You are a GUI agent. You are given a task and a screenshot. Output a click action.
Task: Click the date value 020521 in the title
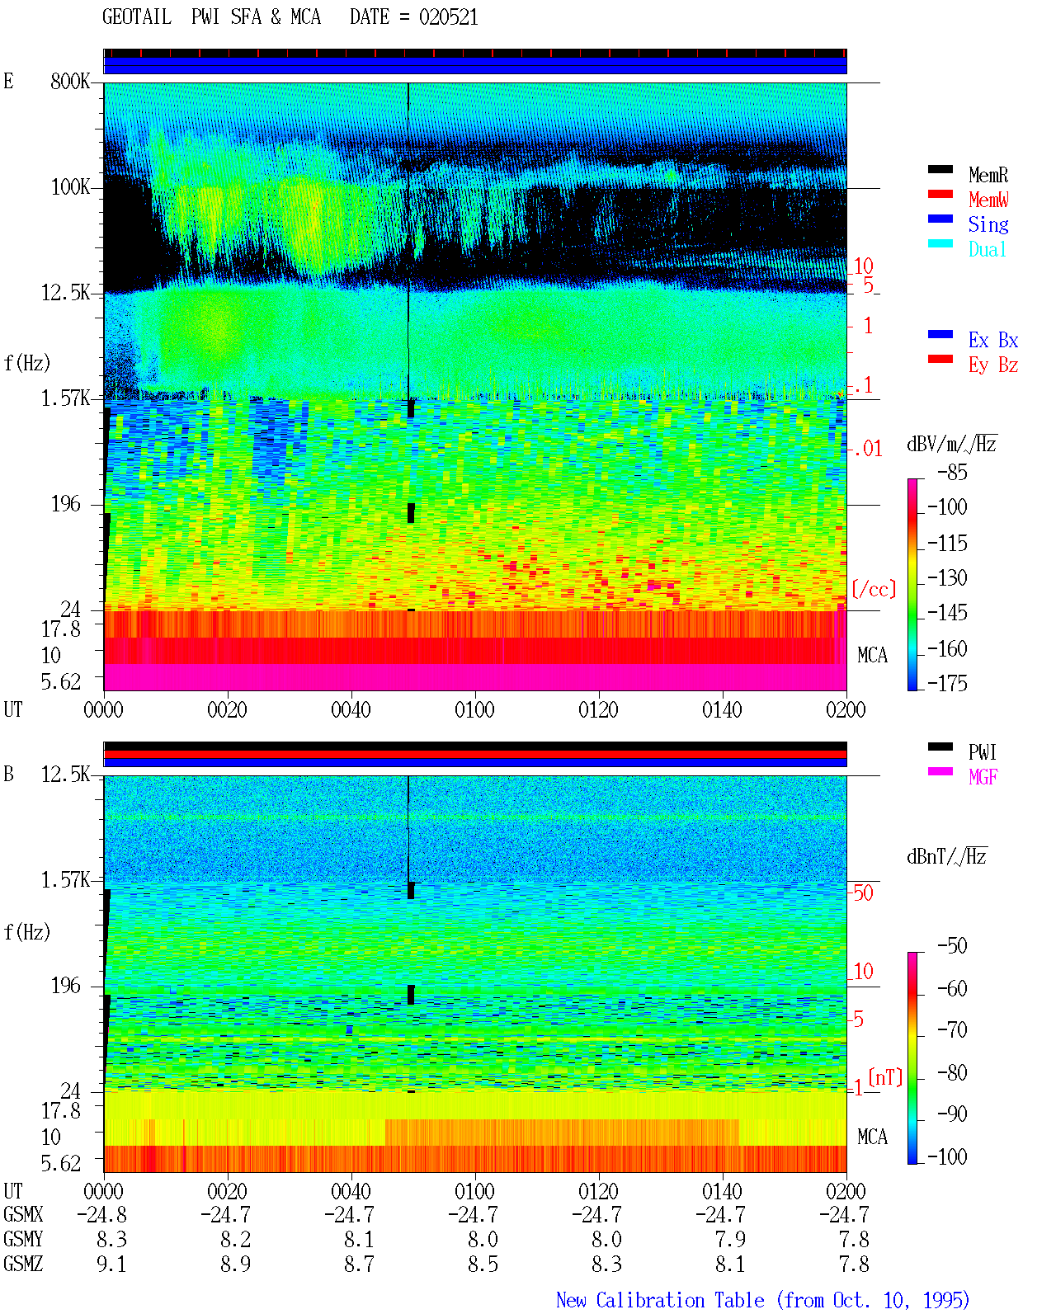click(x=448, y=17)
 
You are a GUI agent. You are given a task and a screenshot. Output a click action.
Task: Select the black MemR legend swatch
click(x=940, y=170)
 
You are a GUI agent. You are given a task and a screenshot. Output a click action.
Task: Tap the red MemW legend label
click(x=988, y=200)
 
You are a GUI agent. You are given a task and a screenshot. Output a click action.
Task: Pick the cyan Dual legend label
click(x=987, y=249)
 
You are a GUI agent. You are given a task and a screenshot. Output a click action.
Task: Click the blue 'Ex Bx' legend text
click(x=993, y=340)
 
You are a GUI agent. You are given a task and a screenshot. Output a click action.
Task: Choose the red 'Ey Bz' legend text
click(x=993, y=365)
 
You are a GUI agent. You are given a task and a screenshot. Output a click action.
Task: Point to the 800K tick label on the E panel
click(x=70, y=81)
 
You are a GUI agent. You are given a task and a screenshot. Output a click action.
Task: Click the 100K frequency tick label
click(x=70, y=187)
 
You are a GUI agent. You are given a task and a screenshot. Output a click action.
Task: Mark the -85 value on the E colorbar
click(x=952, y=473)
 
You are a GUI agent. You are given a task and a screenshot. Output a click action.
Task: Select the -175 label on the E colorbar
click(x=947, y=683)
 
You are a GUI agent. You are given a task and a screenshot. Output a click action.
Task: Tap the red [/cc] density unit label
click(x=874, y=589)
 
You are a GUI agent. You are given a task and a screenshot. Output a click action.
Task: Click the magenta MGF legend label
click(x=983, y=777)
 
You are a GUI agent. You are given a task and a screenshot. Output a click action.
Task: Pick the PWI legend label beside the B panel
click(x=982, y=752)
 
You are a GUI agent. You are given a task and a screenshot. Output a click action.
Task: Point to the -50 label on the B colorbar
click(x=952, y=946)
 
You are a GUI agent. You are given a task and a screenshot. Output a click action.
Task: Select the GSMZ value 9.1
click(x=111, y=1264)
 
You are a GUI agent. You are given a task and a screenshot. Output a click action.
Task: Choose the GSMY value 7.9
click(x=730, y=1240)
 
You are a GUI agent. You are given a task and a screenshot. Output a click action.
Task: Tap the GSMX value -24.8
click(x=101, y=1215)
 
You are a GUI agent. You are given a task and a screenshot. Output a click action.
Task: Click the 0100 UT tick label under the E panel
click(x=474, y=710)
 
